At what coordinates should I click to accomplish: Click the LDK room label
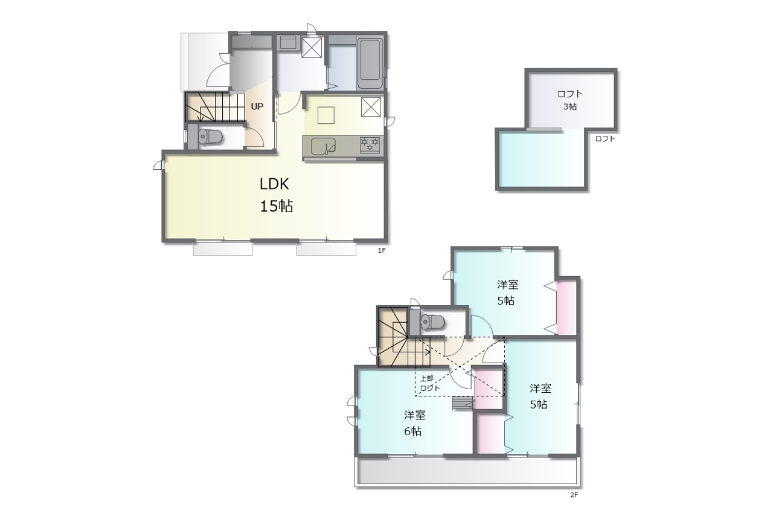click(x=274, y=184)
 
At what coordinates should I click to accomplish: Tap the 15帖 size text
click(x=276, y=206)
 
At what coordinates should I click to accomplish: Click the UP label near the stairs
click(x=257, y=106)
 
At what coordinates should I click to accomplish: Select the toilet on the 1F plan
click(x=209, y=137)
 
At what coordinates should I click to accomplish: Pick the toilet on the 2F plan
click(x=431, y=322)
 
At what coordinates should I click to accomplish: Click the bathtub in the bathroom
click(x=370, y=64)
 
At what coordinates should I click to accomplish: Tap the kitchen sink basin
click(x=323, y=146)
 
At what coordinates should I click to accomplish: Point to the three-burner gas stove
click(x=370, y=145)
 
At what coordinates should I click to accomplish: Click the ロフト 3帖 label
click(x=570, y=100)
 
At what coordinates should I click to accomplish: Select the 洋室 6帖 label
click(x=414, y=423)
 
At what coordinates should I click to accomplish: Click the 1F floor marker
click(x=381, y=251)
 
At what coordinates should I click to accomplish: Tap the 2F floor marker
click(x=574, y=495)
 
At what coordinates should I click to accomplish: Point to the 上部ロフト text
click(x=429, y=383)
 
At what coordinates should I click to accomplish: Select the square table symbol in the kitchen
click(x=326, y=115)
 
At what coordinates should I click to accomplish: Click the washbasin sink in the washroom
click(x=288, y=43)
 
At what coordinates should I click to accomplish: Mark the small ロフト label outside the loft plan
click(x=605, y=138)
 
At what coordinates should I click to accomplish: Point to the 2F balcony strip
click(x=467, y=472)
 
